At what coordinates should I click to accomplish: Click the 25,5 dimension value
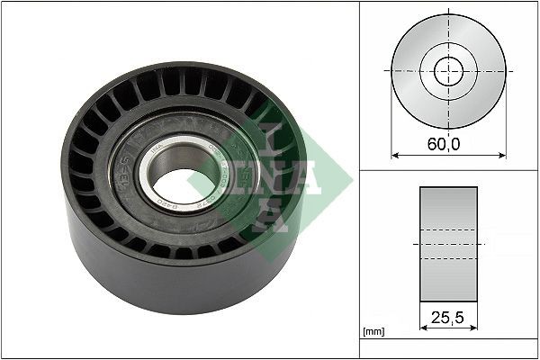pos(448,316)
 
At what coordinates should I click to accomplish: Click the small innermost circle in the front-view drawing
pos(448,71)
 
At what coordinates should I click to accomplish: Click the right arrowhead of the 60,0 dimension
pos(501,155)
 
